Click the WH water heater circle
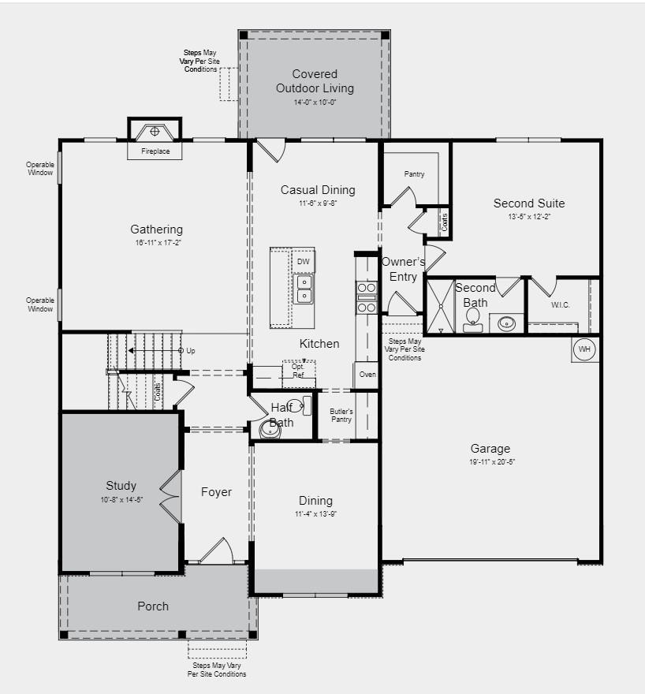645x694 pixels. [x=584, y=349]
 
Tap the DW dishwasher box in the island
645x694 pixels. [x=304, y=261]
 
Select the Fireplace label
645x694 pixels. [x=155, y=151]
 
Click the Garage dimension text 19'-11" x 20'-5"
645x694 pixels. [x=490, y=462]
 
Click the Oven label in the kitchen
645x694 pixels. [x=367, y=375]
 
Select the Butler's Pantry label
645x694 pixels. [x=341, y=416]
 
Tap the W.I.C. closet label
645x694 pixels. [x=560, y=304]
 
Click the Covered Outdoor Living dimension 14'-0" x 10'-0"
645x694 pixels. [x=315, y=103]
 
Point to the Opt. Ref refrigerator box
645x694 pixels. [x=299, y=371]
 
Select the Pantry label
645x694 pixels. [x=414, y=174]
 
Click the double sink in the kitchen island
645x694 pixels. [x=304, y=289]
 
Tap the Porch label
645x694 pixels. [x=153, y=606]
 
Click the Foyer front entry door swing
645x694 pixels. [x=215, y=550]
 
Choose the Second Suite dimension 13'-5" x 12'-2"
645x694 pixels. [x=529, y=216]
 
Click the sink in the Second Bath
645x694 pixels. [x=505, y=323]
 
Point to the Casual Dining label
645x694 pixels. [x=318, y=190]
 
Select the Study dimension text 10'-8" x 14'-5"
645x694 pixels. [x=121, y=499]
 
